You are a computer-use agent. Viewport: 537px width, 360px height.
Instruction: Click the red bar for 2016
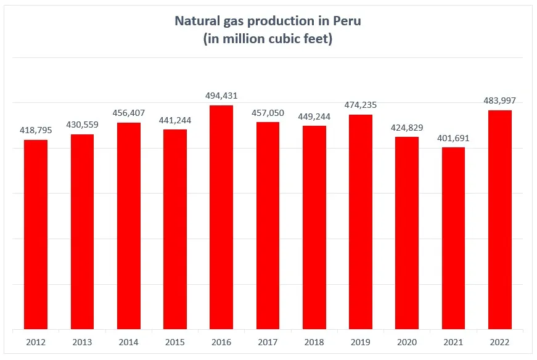point(221,217)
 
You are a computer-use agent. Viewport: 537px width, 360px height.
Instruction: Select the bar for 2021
point(453,238)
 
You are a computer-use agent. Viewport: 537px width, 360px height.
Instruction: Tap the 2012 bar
point(36,234)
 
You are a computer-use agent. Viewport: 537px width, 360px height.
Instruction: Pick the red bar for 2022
point(500,219)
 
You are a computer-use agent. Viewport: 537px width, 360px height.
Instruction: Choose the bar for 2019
point(361,222)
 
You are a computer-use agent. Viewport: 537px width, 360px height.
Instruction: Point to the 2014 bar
point(129,226)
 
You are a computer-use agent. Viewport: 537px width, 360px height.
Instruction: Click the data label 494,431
point(221,96)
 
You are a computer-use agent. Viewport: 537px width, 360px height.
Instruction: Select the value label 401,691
point(453,138)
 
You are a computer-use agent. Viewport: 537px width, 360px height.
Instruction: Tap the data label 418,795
point(36,130)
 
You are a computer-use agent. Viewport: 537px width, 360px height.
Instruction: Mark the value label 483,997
point(500,100)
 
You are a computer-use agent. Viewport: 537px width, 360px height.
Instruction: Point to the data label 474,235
point(361,105)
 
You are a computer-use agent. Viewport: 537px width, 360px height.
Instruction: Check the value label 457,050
point(268,112)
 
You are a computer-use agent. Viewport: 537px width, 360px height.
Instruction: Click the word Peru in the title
point(347,20)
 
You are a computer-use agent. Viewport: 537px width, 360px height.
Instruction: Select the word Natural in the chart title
point(196,20)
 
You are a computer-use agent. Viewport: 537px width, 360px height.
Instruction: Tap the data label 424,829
point(407,127)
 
